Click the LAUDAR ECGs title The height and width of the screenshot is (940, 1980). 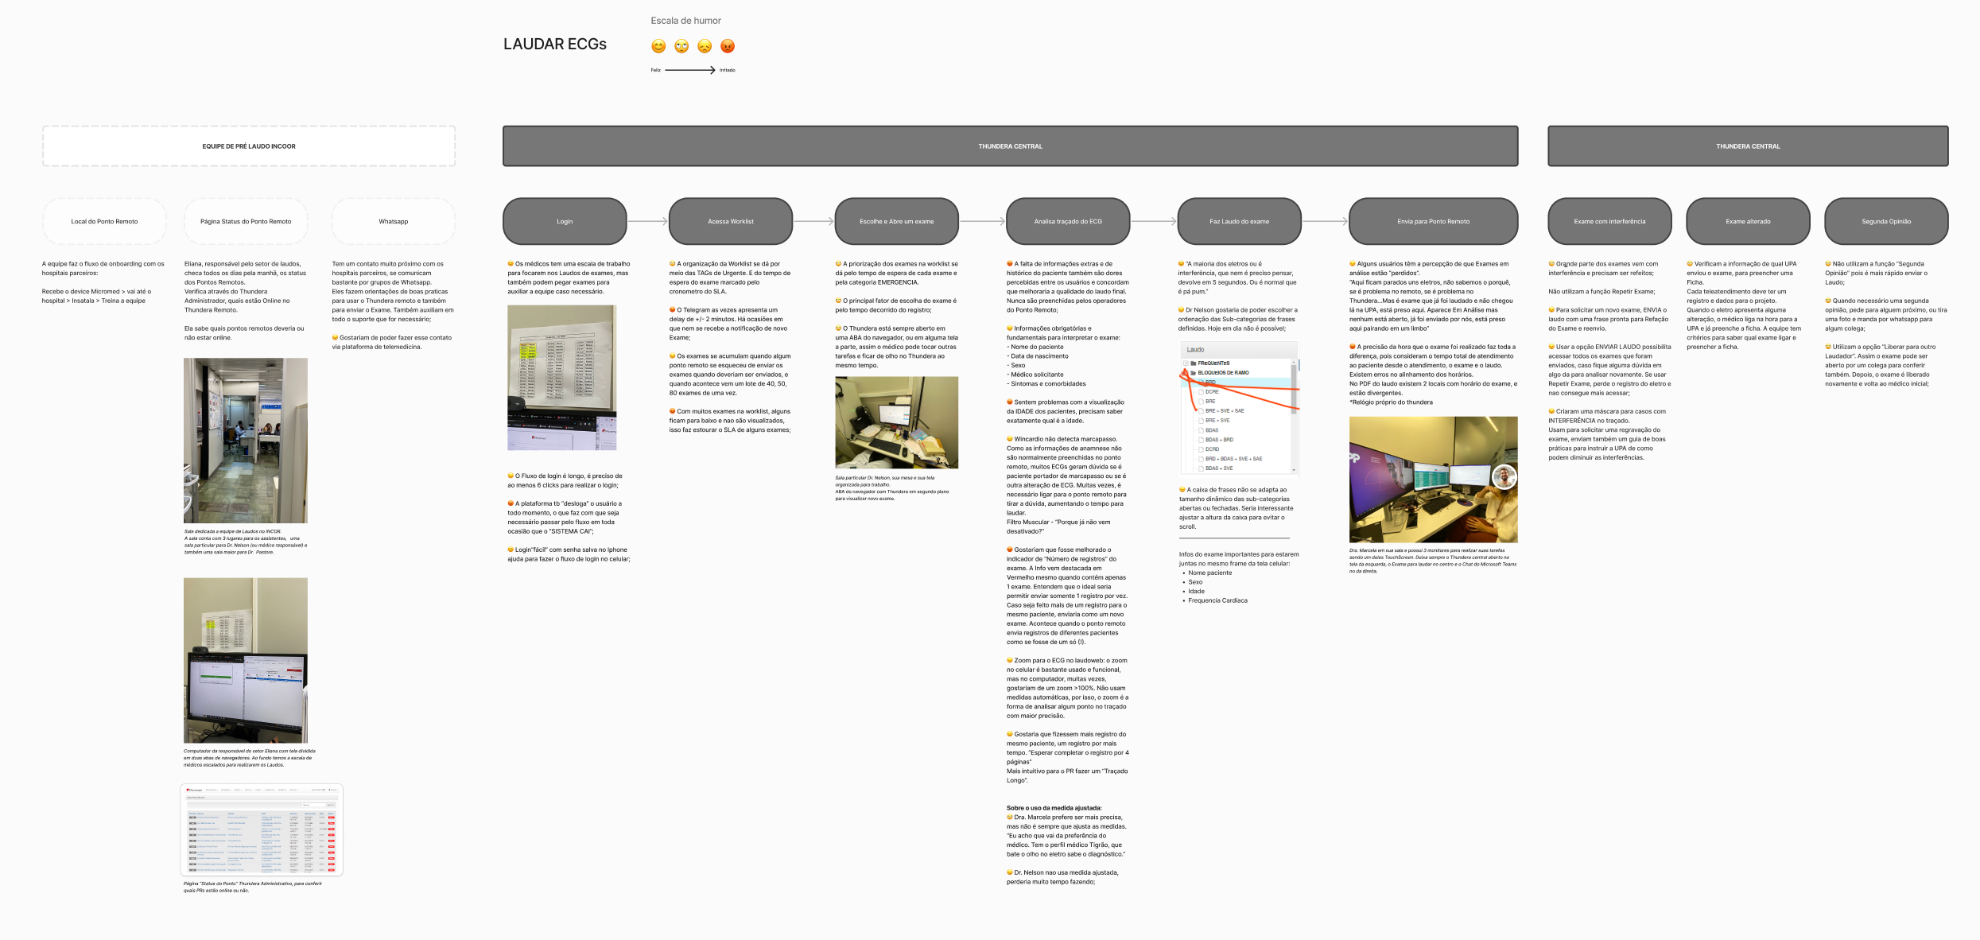point(554,45)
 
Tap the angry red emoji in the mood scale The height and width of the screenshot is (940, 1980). point(728,46)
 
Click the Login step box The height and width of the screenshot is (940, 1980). point(565,221)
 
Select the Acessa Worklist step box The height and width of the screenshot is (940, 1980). point(731,221)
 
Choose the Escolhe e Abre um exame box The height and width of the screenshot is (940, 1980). point(896,221)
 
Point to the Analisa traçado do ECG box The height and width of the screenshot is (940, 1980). point(1068,221)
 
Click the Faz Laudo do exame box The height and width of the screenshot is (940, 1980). point(1239,221)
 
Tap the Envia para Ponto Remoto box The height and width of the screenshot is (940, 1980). point(1433,221)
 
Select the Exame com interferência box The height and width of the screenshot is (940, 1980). point(1609,221)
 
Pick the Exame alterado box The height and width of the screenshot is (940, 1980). point(1748,221)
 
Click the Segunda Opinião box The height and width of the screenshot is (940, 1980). point(1886,221)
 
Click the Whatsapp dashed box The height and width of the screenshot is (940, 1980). point(394,221)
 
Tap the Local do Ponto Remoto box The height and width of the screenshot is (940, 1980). point(104,221)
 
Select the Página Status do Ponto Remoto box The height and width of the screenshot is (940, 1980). point(246,221)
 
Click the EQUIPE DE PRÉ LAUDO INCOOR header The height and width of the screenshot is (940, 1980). point(249,146)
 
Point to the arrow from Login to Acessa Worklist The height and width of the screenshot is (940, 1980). point(647,221)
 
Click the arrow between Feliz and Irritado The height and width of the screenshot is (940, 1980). point(689,70)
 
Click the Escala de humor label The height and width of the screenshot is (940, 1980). point(685,21)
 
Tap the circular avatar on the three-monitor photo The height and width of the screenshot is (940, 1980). point(1504,476)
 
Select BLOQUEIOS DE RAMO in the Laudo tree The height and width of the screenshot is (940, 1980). point(1223,373)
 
